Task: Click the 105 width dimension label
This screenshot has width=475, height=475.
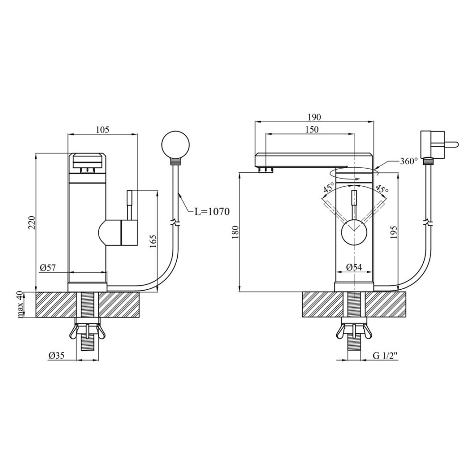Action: pos(102,130)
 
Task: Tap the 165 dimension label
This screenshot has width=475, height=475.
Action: pos(153,241)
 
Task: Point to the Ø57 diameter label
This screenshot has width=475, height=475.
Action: pos(48,267)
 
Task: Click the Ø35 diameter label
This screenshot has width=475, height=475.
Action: pos(57,355)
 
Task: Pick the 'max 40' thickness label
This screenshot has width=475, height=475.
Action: pos(20,304)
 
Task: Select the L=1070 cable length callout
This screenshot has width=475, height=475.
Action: pos(212,211)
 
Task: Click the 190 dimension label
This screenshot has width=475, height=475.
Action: pos(314,117)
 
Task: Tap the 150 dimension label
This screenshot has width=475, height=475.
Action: pos(312,129)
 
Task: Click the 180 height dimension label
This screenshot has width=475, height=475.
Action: pos(236,232)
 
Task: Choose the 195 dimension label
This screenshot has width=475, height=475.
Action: pos(393,232)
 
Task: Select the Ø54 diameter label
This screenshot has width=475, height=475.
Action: pos(354,267)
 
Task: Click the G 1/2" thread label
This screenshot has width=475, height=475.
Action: pos(385,356)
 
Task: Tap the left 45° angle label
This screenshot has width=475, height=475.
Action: pos(329,188)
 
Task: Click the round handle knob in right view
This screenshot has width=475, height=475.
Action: pos(354,232)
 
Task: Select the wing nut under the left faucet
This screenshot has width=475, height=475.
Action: pos(87,331)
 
